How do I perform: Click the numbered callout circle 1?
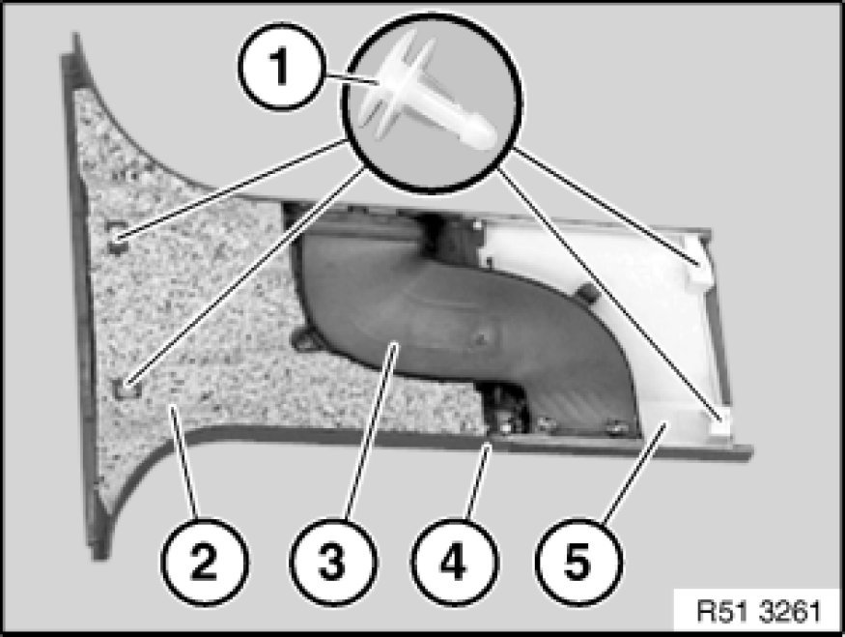(x=282, y=68)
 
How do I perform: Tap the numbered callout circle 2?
(x=204, y=562)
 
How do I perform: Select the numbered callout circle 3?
(x=333, y=562)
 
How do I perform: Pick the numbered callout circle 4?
(x=454, y=562)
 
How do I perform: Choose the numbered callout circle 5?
(x=578, y=562)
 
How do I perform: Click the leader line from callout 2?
(x=184, y=463)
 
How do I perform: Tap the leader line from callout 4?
(x=478, y=481)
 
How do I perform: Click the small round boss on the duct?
(x=481, y=338)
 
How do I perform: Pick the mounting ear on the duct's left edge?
(x=303, y=340)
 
